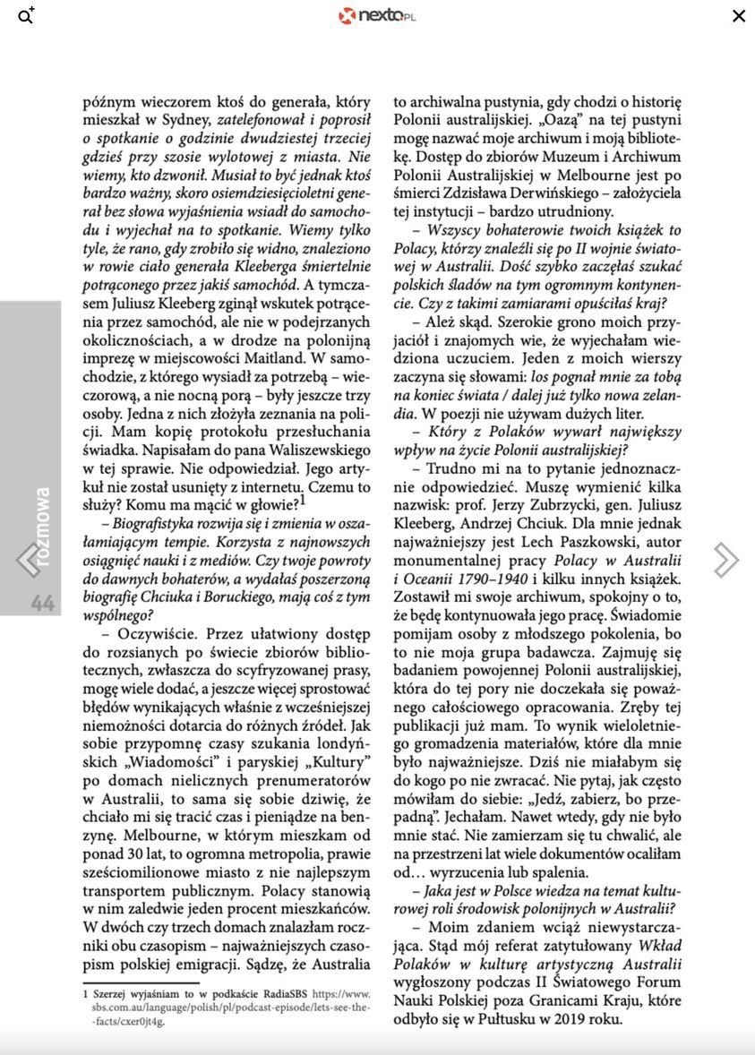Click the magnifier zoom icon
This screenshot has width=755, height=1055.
click(26, 15)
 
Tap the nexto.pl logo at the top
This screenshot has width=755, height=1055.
click(377, 15)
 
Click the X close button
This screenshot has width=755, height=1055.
click(739, 15)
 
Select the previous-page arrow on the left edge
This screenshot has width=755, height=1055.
click(27, 560)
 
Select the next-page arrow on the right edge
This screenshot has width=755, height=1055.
click(725, 560)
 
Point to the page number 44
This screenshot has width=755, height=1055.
click(42, 603)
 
